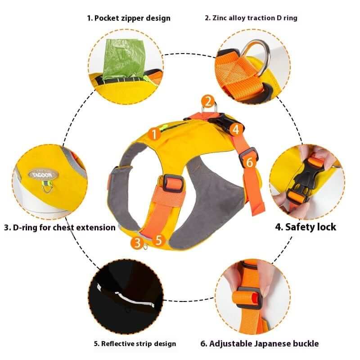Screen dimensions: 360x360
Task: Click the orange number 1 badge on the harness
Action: pyautogui.click(x=155, y=134)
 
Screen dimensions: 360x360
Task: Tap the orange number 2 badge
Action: pyautogui.click(x=207, y=101)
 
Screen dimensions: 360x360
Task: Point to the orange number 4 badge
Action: pyautogui.click(x=236, y=130)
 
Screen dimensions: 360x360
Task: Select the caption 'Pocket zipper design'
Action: pyautogui.click(x=129, y=18)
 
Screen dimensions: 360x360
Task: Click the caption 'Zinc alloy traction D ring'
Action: pyautogui.click(x=251, y=18)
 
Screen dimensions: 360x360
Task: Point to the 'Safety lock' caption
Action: pyautogui.click(x=306, y=227)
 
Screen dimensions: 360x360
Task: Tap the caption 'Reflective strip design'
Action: pyautogui.click(x=135, y=344)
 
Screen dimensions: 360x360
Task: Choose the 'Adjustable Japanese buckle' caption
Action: pyautogui.click(x=259, y=344)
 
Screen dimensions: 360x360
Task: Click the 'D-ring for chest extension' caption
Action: pyautogui.click(x=60, y=228)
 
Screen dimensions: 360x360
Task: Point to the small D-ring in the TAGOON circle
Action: pyautogui.click(x=47, y=186)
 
